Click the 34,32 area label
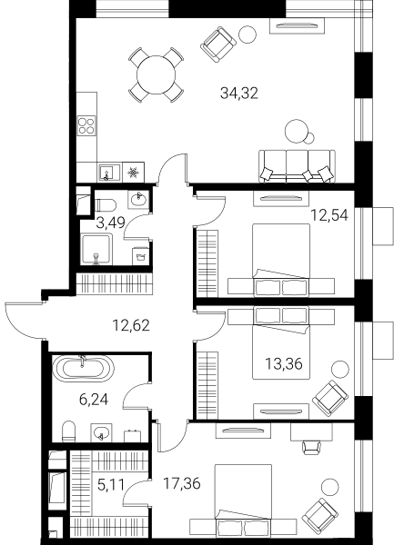[x=239, y=94]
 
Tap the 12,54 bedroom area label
[x=329, y=215]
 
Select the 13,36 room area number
[x=284, y=364]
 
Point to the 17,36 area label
[x=182, y=483]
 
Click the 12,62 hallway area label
[x=131, y=325]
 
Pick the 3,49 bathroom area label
[x=111, y=223]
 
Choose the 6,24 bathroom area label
[x=94, y=400]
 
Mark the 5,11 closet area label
[x=111, y=484]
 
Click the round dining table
[x=156, y=74]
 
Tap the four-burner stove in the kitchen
[x=86, y=126]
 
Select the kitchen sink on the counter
[x=109, y=173]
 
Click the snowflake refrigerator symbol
[x=134, y=173]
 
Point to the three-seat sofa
[x=297, y=166]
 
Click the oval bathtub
[x=83, y=369]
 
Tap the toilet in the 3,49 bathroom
[x=106, y=205]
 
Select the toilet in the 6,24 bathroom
[x=69, y=431]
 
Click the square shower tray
[x=96, y=249]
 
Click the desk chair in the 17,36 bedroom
[x=311, y=447]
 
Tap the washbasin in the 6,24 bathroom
[x=102, y=432]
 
